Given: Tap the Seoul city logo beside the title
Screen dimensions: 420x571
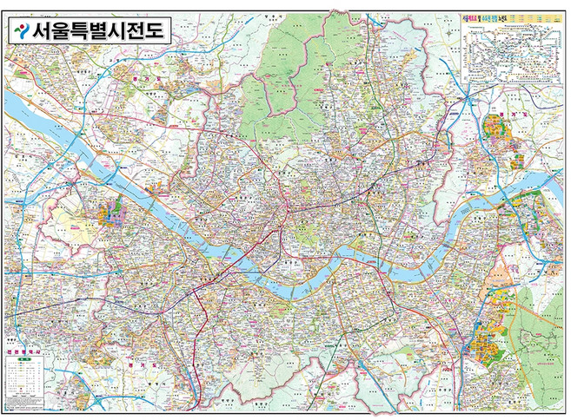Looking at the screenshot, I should pyautogui.click(x=19, y=32).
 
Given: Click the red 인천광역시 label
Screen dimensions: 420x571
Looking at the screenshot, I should pyautogui.click(x=21, y=351).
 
